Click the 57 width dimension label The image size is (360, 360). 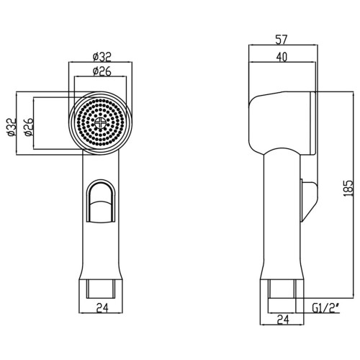(281, 40)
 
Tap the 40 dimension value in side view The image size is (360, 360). (282, 57)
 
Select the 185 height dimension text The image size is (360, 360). (348, 189)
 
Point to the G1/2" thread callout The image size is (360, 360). (326, 308)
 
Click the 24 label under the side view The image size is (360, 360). (283, 320)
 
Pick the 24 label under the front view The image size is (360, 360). (102, 308)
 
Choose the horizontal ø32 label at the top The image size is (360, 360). (102, 57)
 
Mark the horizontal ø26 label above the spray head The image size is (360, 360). (102, 71)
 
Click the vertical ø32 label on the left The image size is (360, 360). (12, 127)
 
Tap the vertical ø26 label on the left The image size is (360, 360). (29, 127)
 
